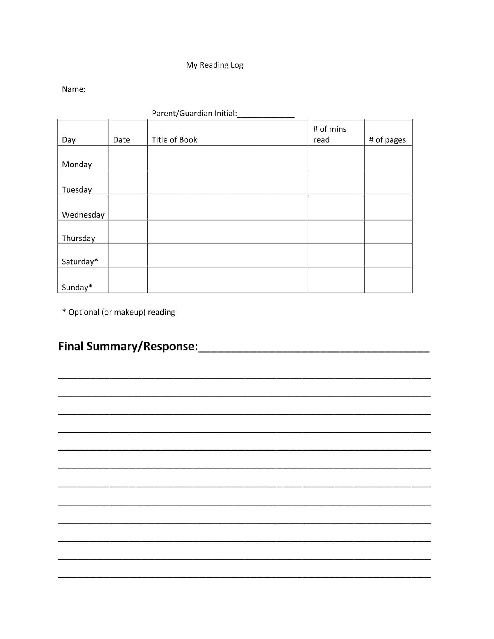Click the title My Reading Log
coord(214,65)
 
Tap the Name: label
coord(74,89)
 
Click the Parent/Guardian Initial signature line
coord(265,114)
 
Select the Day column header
coord(69,140)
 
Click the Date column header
coord(121,140)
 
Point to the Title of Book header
coord(174,140)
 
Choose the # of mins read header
coord(330,134)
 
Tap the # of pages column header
coord(387,140)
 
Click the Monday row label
coord(77,164)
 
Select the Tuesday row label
coord(77,190)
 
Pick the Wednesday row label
coord(83,215)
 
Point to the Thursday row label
coord(78,238)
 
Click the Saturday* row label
coord(80,261)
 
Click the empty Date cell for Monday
coord(128,158)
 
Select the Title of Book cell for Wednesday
coord(228,208)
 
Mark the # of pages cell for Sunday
coord(388,280)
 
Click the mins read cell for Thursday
coord(337,232)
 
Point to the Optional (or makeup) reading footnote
coord(119,312)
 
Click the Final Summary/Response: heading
coord(128,346)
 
